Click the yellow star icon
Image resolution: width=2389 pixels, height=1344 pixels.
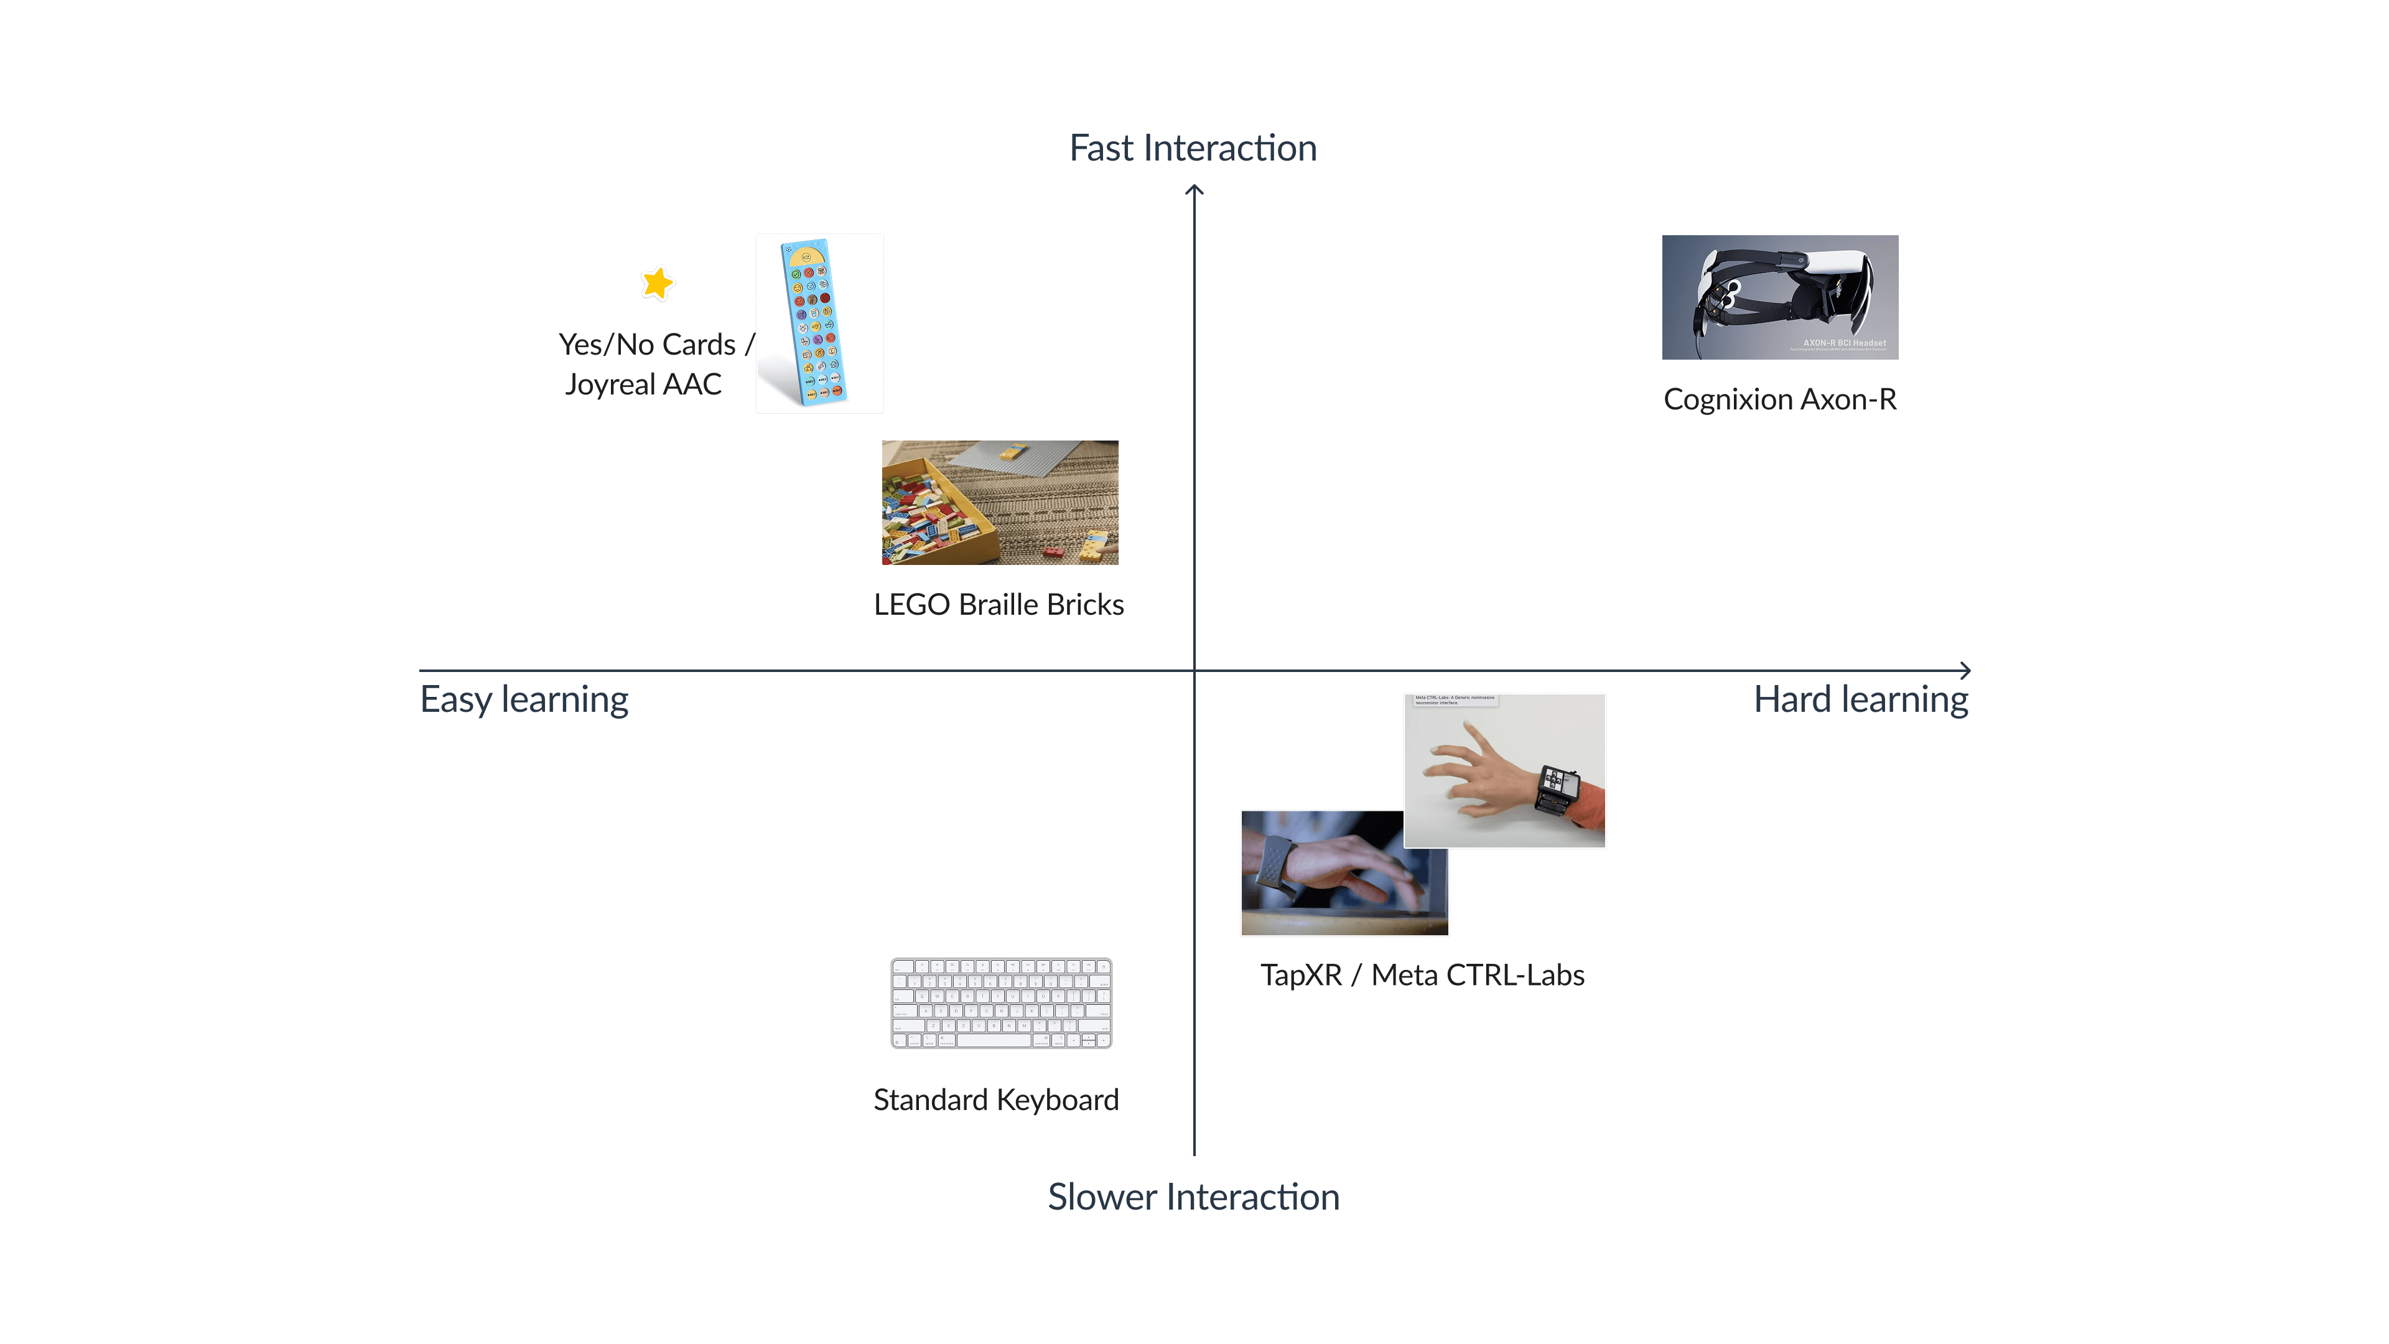click(658, 283)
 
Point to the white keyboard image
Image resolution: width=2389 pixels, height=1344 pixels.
click(1000, 1002)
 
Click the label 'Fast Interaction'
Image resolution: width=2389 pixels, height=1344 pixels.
click(1193, 149)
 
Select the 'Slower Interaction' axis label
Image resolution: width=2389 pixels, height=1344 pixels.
click(1193, 1197)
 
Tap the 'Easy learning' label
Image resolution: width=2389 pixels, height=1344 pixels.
click(524, 699)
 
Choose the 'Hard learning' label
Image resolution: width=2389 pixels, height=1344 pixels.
click(1860, 699)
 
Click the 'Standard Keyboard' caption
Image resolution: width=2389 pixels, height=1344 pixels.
click(996, 1100)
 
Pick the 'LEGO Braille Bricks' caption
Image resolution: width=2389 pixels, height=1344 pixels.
click(999, 605)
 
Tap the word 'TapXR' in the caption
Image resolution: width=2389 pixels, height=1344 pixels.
click(1300, 976)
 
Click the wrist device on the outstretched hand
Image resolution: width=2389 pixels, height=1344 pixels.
click(1557, 788)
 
